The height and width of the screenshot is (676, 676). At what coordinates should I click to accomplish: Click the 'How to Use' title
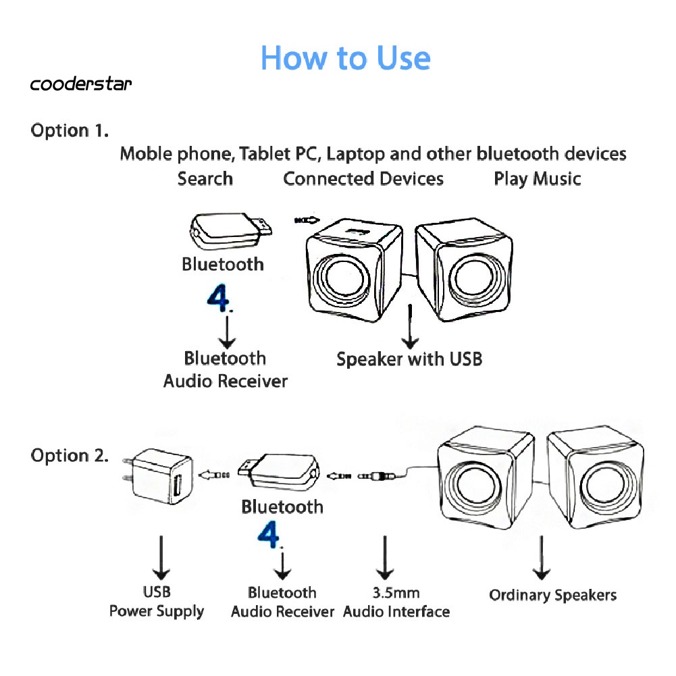[x=345, y=58]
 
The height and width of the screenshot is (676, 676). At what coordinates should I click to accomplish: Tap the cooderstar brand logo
[x=81, y=84]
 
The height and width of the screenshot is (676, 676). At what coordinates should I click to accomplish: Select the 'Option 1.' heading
[x=70, y=130]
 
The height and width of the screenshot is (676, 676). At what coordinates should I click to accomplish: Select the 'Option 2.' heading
[x=70, y=456]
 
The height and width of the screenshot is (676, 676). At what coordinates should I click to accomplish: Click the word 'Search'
[x=205, y=179]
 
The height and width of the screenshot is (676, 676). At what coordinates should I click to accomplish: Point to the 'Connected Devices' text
[x=363, y=179]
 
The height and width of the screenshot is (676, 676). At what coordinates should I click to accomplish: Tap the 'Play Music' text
[x=537, y=179]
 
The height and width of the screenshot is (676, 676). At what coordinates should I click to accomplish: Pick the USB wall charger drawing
[x=161, y=476]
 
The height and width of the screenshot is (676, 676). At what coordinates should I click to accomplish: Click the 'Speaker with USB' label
[x=409, y=359]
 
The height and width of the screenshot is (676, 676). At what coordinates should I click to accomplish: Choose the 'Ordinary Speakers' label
[x=552, y=595]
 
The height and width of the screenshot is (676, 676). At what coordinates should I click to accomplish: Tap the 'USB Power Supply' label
[x=157, y=602]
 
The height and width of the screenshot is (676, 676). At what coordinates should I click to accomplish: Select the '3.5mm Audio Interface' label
[x=396, y=602]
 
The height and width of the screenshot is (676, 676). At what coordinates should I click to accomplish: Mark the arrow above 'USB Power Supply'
[x=161, y=557]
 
